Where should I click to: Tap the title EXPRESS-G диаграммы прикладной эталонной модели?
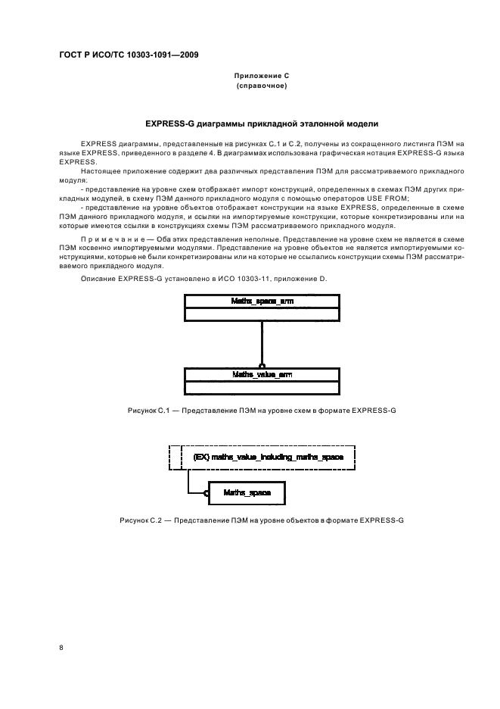261,123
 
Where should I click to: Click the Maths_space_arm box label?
261,302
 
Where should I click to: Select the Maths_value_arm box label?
261,374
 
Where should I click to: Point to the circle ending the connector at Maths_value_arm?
261,365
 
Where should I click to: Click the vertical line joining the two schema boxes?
261,341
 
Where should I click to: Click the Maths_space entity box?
248,493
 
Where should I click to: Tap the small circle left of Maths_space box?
205,493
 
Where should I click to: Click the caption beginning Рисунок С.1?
261,410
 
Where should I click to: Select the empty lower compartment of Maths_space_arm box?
261,314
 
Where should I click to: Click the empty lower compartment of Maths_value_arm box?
261,386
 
